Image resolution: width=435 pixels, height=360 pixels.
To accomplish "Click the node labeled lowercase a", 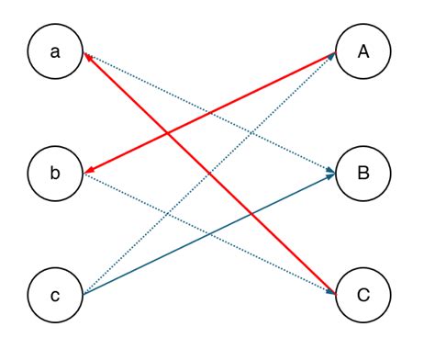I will pos(55,52).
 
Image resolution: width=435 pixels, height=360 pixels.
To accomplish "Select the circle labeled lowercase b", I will pos(55,174).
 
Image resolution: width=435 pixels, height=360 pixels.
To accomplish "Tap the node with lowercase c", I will pos(55,295).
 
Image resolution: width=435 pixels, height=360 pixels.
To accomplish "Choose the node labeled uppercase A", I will pos(362,52).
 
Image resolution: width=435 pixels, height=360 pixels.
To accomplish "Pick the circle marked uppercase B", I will pos(362,174).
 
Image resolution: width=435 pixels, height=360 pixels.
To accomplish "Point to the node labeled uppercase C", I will pos(362,295).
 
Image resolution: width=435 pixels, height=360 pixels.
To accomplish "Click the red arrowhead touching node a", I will pos(88,58).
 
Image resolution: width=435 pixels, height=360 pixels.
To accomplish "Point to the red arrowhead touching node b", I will pos(88,171).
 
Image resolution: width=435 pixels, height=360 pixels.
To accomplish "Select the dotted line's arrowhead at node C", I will pos(329,291).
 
